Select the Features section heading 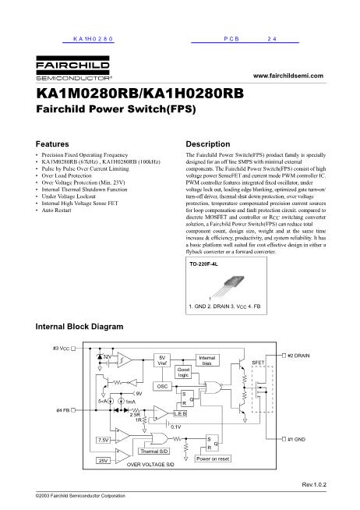54,145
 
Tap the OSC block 162,386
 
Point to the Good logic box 183,373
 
